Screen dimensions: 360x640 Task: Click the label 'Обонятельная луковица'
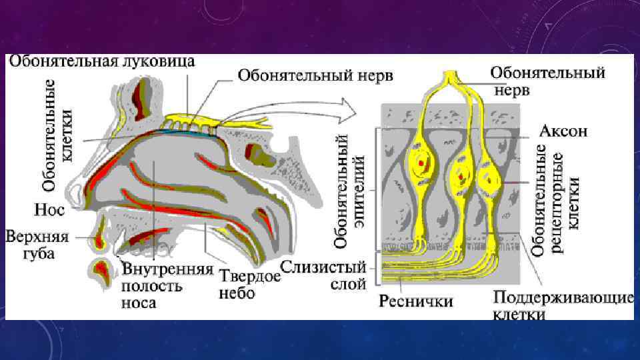click(101, 62)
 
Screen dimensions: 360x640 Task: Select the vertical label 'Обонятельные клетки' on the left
click(57, 133)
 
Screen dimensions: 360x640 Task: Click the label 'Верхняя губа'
click(31, 244)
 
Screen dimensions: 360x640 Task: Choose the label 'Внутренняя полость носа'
click(167, 286)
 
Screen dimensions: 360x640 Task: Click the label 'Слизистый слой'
click(325, 275)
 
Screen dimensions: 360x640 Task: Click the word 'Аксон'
click(563, 131)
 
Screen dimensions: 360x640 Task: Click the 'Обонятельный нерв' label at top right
click(548, 80)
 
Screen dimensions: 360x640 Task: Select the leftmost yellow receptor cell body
click(422, 162)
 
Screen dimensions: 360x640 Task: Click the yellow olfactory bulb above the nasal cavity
click(190, 121)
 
